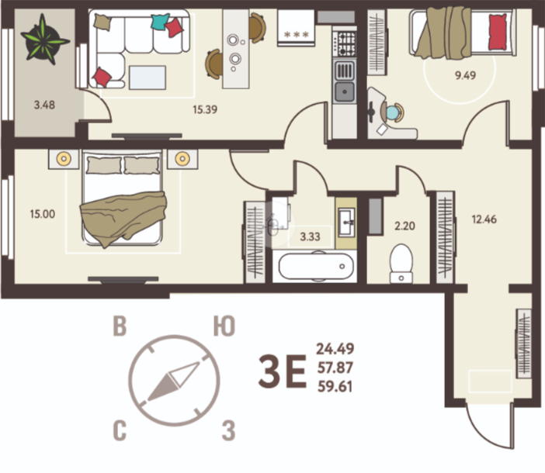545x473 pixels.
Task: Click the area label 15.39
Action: tap(205, 109)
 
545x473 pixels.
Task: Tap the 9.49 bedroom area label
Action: tap(465, 75)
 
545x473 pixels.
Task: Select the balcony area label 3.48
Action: tap(44, 105)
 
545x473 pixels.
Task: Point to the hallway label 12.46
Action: tap(484, 219)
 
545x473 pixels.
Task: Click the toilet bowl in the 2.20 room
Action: tap(401, 264)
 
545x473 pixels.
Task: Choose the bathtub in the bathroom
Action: tap(316, 266)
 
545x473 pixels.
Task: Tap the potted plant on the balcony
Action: tap(43, 39)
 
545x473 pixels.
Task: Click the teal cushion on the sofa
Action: tap(159, 22)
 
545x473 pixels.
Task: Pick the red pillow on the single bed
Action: tap(498, 32)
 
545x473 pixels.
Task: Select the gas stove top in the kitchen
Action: tap(345, 43)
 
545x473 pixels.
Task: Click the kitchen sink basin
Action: tap(345, 91)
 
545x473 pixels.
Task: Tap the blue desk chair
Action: tap(393, 112)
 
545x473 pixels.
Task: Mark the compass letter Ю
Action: tap(224, 326)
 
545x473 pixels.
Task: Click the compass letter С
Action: tap(120, 430)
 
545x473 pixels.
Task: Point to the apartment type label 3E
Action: tap(283, 371)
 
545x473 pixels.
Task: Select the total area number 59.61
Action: tap(335, 386)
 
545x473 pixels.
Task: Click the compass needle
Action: tap(173, 381)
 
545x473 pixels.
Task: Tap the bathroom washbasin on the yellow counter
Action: tap(346, 222)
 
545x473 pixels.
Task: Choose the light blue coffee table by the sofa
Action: tap(148, 78)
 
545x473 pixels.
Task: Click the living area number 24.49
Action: tap(335, 349)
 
